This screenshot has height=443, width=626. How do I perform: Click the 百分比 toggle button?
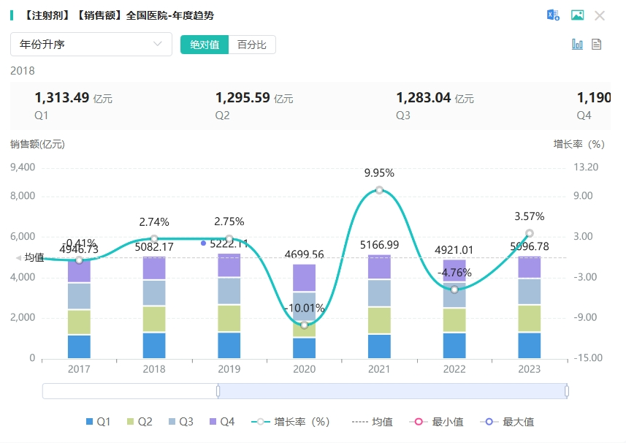click(x=252, y=45)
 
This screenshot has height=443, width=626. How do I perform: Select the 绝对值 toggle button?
click(x=205, y=45)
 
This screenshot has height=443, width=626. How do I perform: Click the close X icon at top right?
click(x=600, y=15)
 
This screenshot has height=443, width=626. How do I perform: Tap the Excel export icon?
click(x=553, y=15)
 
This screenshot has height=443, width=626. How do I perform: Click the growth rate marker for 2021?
click(x=380, y=190)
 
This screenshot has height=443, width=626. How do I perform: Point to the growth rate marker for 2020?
click(x=305, y=325)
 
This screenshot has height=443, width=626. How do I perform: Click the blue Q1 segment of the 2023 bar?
click(x=530, y=345)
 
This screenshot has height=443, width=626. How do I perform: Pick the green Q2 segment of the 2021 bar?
click(x=380, y=320)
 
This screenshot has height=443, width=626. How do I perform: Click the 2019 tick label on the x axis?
click(x=229, y=370)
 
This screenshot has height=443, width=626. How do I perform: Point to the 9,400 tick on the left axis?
click(x=22, y=167)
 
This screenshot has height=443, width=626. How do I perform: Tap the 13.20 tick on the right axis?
click(x=586, y=167)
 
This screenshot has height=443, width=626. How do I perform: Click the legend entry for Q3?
click(x=180, y=422)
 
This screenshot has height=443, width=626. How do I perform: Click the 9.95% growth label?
click(x=379, y=173)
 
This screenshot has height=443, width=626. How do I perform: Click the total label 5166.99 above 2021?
click(x=380, y=245)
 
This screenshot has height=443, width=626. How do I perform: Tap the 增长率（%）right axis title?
click(x=579, y=144)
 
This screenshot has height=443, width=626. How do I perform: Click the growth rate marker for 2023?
click(x=530, y=233)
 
